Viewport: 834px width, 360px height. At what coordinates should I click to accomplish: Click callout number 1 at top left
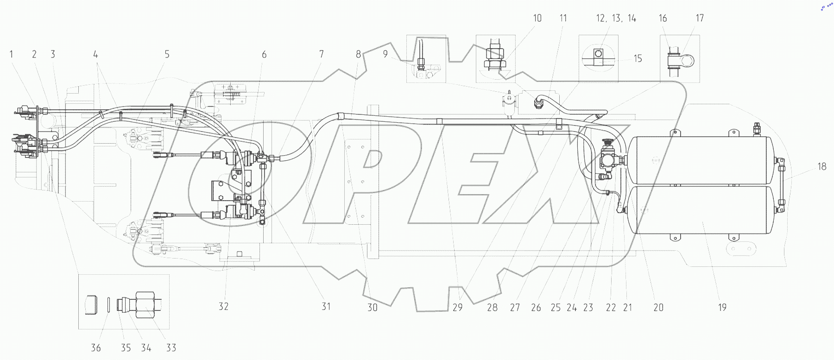[12, 54]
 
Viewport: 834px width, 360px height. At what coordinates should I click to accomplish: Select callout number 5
[167, 54]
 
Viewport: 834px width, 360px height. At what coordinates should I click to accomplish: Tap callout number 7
[322, 54]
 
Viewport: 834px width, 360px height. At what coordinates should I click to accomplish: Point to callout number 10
[537, 18]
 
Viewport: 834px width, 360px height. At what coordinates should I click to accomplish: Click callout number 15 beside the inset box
[638, 58]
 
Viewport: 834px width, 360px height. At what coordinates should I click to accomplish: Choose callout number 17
[700, 18]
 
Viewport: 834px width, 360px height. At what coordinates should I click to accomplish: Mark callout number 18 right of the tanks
[821, 166]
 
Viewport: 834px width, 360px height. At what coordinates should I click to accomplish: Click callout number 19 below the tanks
[722, 307]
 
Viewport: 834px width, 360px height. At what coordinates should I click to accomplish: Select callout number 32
[223, 306]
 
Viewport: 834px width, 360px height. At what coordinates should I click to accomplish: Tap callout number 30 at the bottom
[373, 307]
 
